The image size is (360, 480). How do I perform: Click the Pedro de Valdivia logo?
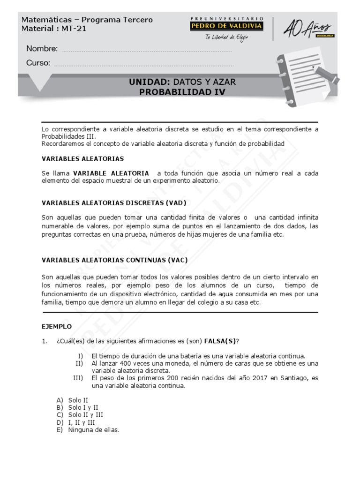[x=226, y=24]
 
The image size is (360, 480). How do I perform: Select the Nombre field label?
[x=42, y=49]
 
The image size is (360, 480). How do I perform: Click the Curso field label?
[x=38, y=63]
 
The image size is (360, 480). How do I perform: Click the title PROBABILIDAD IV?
[x=182, y=92]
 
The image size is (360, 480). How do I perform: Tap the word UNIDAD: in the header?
[x=148, y=82]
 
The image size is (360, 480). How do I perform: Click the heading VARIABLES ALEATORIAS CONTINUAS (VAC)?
[x=114, y=260]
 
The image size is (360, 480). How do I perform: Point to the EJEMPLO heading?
[x=57, y=326]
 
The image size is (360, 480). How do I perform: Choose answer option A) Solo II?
[x=72, y=400]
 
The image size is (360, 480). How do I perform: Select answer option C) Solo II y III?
[x=80, y=415]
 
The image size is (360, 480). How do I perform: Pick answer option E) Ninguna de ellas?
[x=88, y=430]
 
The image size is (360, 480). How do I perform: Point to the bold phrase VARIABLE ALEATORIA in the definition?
[x=111, y=173]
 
